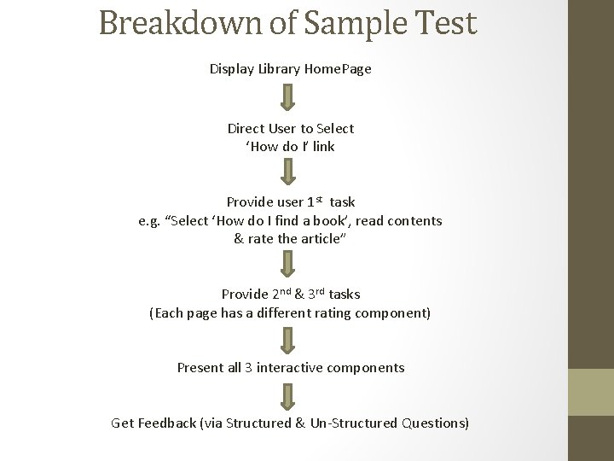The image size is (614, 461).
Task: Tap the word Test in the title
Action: pyautogui.click(x=445, y=23)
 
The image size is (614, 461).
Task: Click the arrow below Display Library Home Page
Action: pyautogui.click(x=289, y=96)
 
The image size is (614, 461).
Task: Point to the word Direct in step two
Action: pyautogui.click(x=246, y=129)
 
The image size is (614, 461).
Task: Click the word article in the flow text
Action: pyautogui.click(x=317, y=239)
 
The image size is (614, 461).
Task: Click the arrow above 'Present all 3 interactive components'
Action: pyautogui.click(x=289, y=341)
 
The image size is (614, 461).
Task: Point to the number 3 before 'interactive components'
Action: pyautogui.click(x=248, y=368)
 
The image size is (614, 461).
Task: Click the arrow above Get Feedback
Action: pyautogui.click(x=289, y=396)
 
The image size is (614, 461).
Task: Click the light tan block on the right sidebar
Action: pyautogui.click(x=590, y=392)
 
